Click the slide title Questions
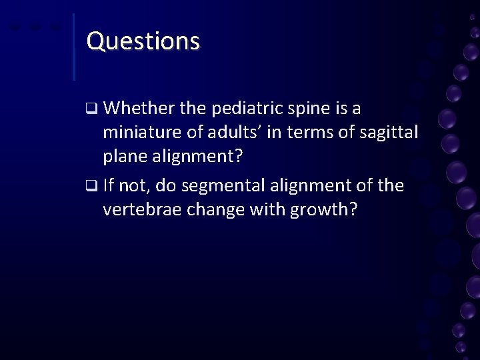(143, 41)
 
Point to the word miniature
(141, 133)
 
